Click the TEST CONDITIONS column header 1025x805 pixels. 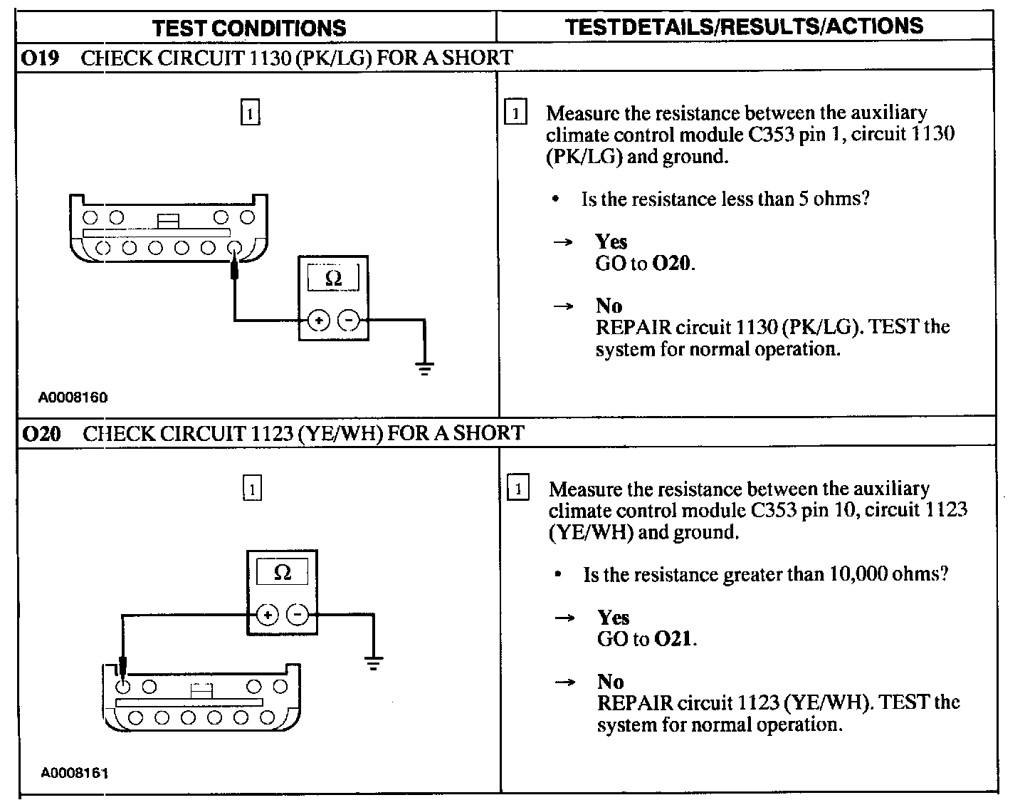(249, 28)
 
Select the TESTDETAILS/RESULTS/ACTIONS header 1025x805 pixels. (744, 26)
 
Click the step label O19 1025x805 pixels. (40, 58)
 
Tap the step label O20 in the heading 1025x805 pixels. (41, 433)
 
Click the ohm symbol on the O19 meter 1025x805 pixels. (333, 279)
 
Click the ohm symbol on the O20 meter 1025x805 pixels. (283, 573)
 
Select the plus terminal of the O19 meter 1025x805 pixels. (318, 321)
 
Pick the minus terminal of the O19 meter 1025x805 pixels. (348, 321)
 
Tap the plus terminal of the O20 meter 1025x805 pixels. (267, 615)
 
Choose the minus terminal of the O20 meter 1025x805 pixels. (298, 615)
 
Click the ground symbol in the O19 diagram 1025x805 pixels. (424, 368)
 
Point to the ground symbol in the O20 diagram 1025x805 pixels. (373, 663)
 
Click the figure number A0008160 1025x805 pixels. (73, 398)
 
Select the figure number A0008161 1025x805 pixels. (75, 773)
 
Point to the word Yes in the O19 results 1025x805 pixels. (611, 242)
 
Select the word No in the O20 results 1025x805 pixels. (610, 682)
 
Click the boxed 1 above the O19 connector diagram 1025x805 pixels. (250, 113)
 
